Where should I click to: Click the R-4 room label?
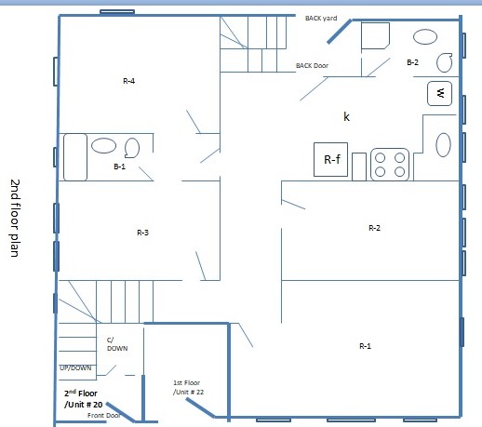click(129, 82)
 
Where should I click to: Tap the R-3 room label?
click(142, 232)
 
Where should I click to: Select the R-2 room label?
click(374, 227)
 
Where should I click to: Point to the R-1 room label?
click(366, 346)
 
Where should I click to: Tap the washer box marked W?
click(440, 93)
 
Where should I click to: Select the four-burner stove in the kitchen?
click(391, 165)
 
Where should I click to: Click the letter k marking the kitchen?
click(346, 116)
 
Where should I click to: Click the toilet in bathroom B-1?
click(131, 147)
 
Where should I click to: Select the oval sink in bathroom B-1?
click(102, 145)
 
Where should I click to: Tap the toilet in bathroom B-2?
click(445, 64)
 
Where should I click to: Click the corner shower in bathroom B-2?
click(375, 36)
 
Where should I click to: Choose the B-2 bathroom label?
click(413, 61)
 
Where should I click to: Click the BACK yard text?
click(321, 18)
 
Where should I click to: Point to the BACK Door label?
click(312, 65)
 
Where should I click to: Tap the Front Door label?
click(104, 415)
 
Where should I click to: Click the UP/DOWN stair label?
click(75, 367)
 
